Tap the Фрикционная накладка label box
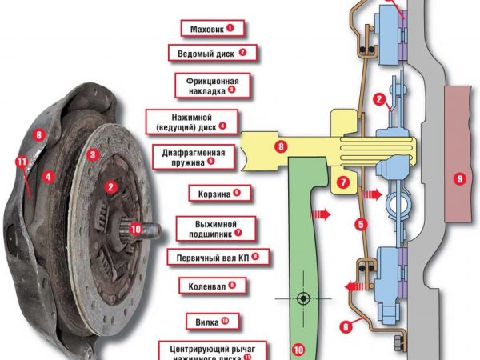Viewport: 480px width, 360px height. pyautogui.click(x=207, y=86)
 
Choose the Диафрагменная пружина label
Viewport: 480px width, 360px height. pyautogui.click(x=192, y=155)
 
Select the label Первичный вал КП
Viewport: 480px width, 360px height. pyautogui.click(x=218, y=258)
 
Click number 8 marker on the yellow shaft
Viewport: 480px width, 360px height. pyautogui.click(x=280, y=146)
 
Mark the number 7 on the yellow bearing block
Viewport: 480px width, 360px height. pyautogui.click(x=343, y=183)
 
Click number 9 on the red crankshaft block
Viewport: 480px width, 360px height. pyautogui.click(x=458, y=179)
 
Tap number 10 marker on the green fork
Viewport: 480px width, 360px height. pyautogui.click(x=298, y=349)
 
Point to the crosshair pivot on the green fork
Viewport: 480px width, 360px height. pyautogui.click(x=303, y=298)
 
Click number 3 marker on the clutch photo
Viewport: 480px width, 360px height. pyautogui.click(x=94, y=154)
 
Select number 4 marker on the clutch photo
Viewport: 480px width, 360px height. pyautogui.click(x=49, y=175)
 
